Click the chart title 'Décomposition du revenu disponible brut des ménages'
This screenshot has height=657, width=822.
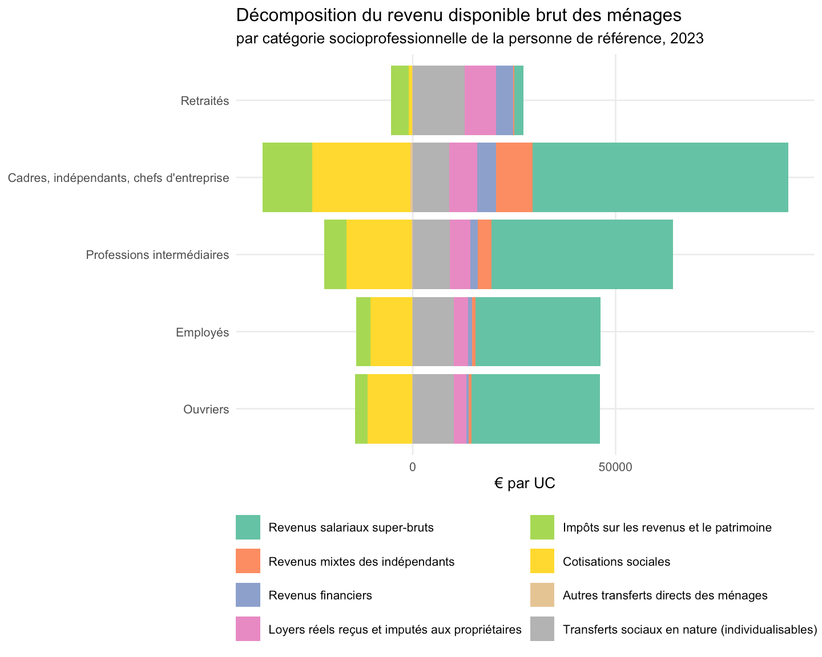[x=458, y=15]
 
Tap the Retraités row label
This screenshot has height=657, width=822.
[x=205, y=101]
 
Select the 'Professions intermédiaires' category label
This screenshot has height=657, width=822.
[x=158, y=254]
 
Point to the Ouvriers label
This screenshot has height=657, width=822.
[x=206, y=409]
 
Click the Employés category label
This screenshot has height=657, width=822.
[x=203, y=332]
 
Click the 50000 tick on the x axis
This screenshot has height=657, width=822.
[x=615, y=467]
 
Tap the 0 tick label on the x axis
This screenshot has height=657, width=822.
[x=413, y=467]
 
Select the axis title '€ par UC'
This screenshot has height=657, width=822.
[x=525, y=483]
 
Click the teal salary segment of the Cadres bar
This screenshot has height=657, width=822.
[x=660, y=177]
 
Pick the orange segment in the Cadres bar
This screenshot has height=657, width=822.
[x=514, y=177]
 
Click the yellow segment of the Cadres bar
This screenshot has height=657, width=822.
[x=361, y=177]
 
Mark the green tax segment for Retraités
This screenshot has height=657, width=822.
[x=400, y=100]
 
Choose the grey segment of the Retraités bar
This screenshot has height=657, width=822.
[x=439, y=100]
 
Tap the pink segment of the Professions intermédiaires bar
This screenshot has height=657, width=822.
[x=460, y=254]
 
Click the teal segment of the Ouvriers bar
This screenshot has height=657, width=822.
[x=535, y=409]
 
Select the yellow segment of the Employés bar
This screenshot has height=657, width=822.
[x=392, y=331]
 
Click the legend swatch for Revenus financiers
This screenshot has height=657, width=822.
[x=248, y=595]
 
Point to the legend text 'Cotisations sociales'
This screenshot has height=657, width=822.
[x=616, y=562]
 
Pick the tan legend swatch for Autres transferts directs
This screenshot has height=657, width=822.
[x=542, y=595]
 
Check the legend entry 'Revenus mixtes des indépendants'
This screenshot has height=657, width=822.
[x=361, y=562]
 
